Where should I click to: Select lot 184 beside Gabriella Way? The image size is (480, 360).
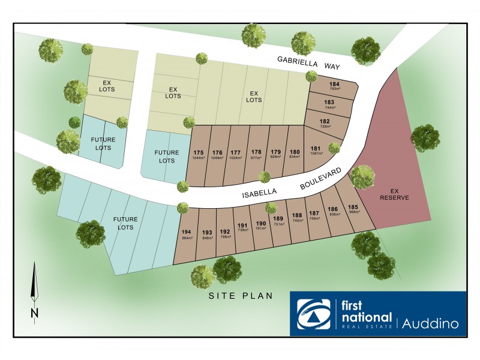(x=334, y=84)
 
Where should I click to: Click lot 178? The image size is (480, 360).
(x=256, y=152)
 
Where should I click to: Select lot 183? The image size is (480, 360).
(x=329, y=102)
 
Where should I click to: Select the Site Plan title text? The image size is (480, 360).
(x=241, y=296)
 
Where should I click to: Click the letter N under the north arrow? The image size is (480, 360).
(x=34, y=313)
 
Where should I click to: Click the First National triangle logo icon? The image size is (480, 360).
(x=314, y=313)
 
